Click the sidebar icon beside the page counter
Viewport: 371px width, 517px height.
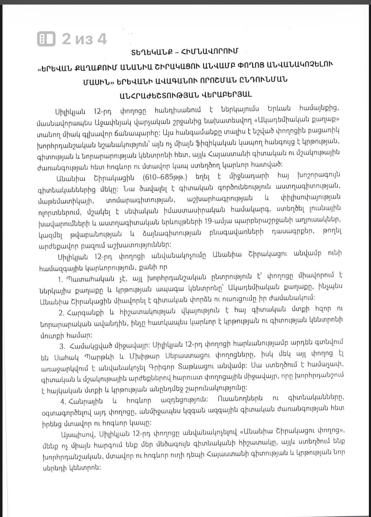tap(46, 39)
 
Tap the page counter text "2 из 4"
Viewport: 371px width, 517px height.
tap(85, 39)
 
